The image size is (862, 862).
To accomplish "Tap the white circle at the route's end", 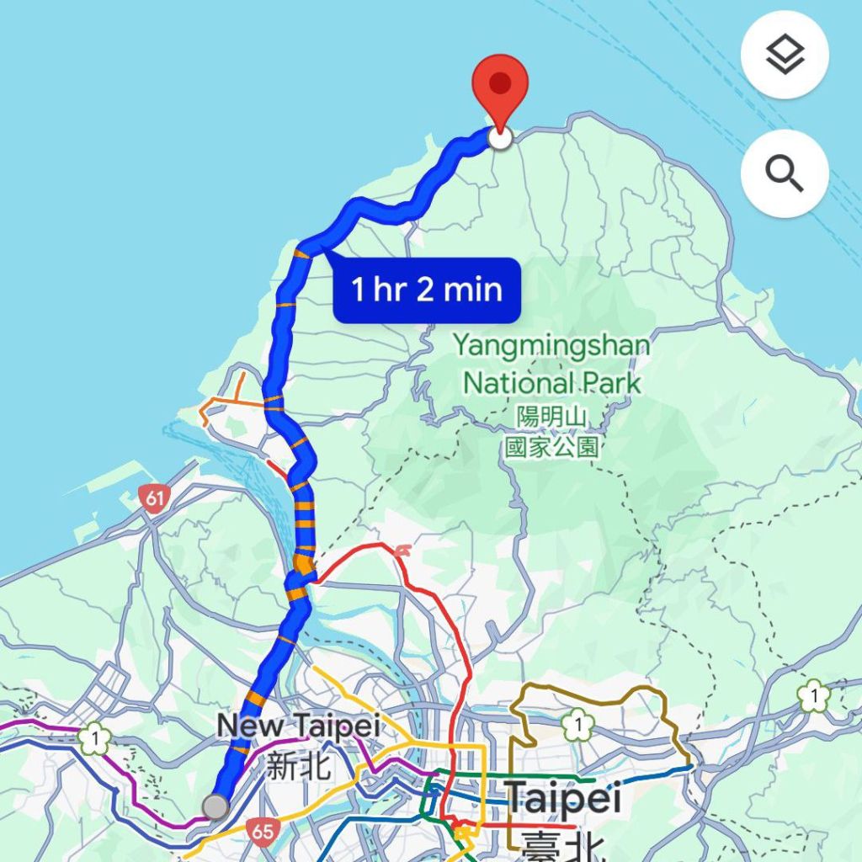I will (x=500, y=137).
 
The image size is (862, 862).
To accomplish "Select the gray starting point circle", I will (x=215, y=806).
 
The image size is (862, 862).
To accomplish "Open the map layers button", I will (x=785, y=56).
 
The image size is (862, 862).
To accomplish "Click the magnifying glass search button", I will (x=785, y=173).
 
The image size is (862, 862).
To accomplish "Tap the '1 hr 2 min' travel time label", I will (x=427, y=290).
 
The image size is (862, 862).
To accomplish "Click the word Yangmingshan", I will (x=551, y=345).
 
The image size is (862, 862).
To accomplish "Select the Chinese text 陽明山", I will (x=551, y=417).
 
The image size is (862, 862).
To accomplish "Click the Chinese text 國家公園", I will (x=551, y=445).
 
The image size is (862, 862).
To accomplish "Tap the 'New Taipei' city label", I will (x=298, y=726).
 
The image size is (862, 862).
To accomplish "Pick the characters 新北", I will (x=298, y=765).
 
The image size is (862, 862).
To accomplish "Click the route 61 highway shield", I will (x=153, y=498).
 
